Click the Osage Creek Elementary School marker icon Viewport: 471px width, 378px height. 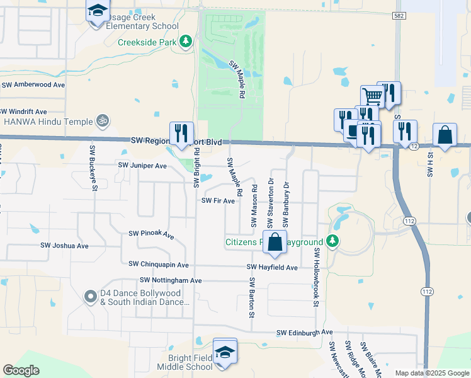coord(98,13)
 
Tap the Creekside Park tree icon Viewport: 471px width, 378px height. coord(186,42)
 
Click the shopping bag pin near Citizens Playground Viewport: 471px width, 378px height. coord(275,243)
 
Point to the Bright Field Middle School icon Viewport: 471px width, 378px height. coord(225,353)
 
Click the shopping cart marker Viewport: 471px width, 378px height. coord(373,97)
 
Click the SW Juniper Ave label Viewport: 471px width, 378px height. coord(142,166)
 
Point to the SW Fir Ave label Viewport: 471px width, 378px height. coord(218,201)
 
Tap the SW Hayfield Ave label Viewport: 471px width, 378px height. coord(271,268)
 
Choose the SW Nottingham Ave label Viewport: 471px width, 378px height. coord(171,280)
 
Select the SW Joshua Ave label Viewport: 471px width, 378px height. coord(64,246)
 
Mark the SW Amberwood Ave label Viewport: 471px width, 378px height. coord(33,84)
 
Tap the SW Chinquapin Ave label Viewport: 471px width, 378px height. coord(158,265)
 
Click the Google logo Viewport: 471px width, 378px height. coord(21,370)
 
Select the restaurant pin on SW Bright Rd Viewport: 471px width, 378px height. coord(181,133)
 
